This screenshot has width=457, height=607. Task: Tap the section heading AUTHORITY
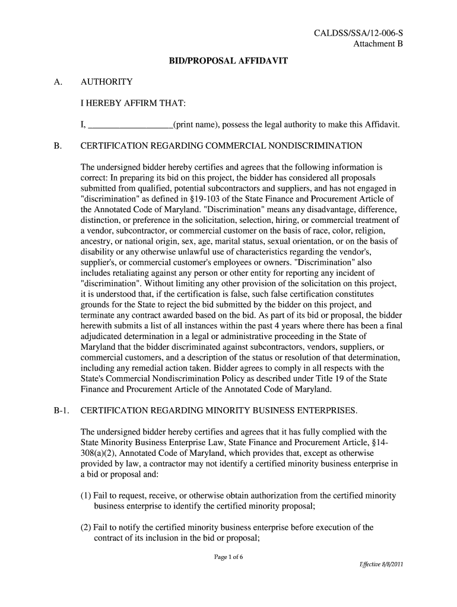coord(107,82)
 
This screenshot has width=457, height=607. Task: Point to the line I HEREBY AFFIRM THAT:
coord(134,104)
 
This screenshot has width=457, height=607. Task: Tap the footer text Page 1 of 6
coord(228,557)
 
